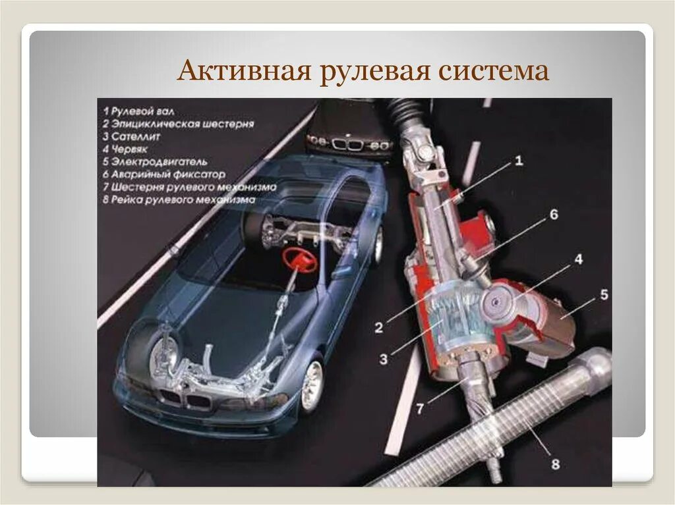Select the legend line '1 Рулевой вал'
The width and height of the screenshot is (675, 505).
[138, 112]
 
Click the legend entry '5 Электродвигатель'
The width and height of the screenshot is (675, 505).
[155, 161]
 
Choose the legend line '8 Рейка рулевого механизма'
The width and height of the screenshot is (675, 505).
[178, 199]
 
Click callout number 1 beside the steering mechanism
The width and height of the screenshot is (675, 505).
[518, 160]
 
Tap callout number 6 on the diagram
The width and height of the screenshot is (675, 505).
[554, 215]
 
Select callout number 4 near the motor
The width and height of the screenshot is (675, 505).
[577, 259]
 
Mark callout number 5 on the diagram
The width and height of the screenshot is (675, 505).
[604, 294]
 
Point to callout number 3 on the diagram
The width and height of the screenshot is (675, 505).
[383, 359]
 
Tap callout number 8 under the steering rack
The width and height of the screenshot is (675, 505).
[555, 464]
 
